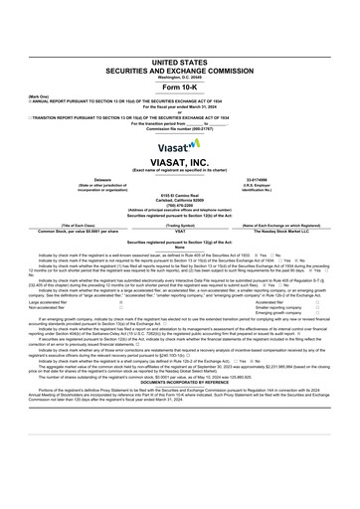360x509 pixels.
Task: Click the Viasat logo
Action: click(179, 142)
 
